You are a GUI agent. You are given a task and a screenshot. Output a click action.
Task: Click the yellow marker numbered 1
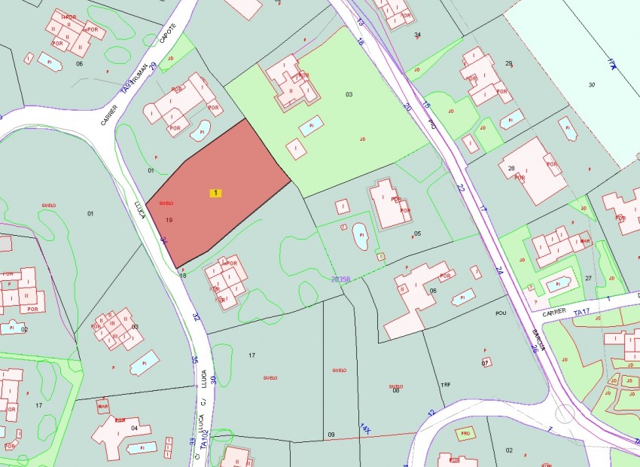216,194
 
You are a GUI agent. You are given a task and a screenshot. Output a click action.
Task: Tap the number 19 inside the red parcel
169,220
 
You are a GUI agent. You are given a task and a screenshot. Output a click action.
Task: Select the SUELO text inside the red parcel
166,203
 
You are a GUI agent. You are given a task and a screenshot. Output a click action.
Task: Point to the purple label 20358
341,279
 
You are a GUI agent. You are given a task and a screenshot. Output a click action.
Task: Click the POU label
501,312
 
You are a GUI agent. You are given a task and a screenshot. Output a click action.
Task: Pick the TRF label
445,385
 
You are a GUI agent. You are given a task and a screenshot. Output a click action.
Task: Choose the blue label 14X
365,429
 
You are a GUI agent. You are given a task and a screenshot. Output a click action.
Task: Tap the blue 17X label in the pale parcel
612,63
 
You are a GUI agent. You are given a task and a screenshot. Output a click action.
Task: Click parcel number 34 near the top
417,35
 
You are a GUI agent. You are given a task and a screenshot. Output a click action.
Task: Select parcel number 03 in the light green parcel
349,94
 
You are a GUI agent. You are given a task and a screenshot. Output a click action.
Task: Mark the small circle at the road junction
564,413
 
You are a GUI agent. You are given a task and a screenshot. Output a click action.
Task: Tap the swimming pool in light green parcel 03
310,126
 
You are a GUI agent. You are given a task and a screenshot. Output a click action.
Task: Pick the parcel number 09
330,435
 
